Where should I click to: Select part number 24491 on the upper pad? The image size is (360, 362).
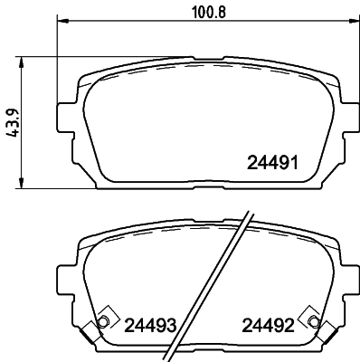pos(272,164)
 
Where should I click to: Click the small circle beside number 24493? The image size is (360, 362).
pos(102,323)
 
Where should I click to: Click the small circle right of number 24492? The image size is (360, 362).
pos(313,322)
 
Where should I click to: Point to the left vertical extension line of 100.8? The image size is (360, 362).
pos(58,54)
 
